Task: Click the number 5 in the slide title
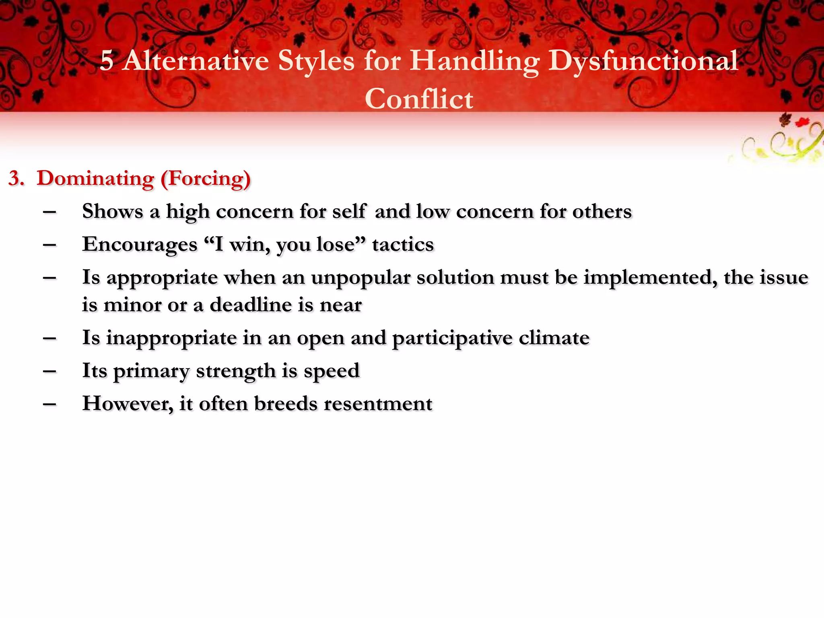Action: coord(107,62)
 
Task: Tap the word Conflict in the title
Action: coord(419,99)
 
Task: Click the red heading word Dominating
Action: coord(95,178)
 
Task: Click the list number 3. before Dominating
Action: coord(16,179)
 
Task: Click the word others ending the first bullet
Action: coord(602,211)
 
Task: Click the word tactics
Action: coord(403,245)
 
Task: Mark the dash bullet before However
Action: coord(49,404)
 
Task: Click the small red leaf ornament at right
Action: coord(802,122)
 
